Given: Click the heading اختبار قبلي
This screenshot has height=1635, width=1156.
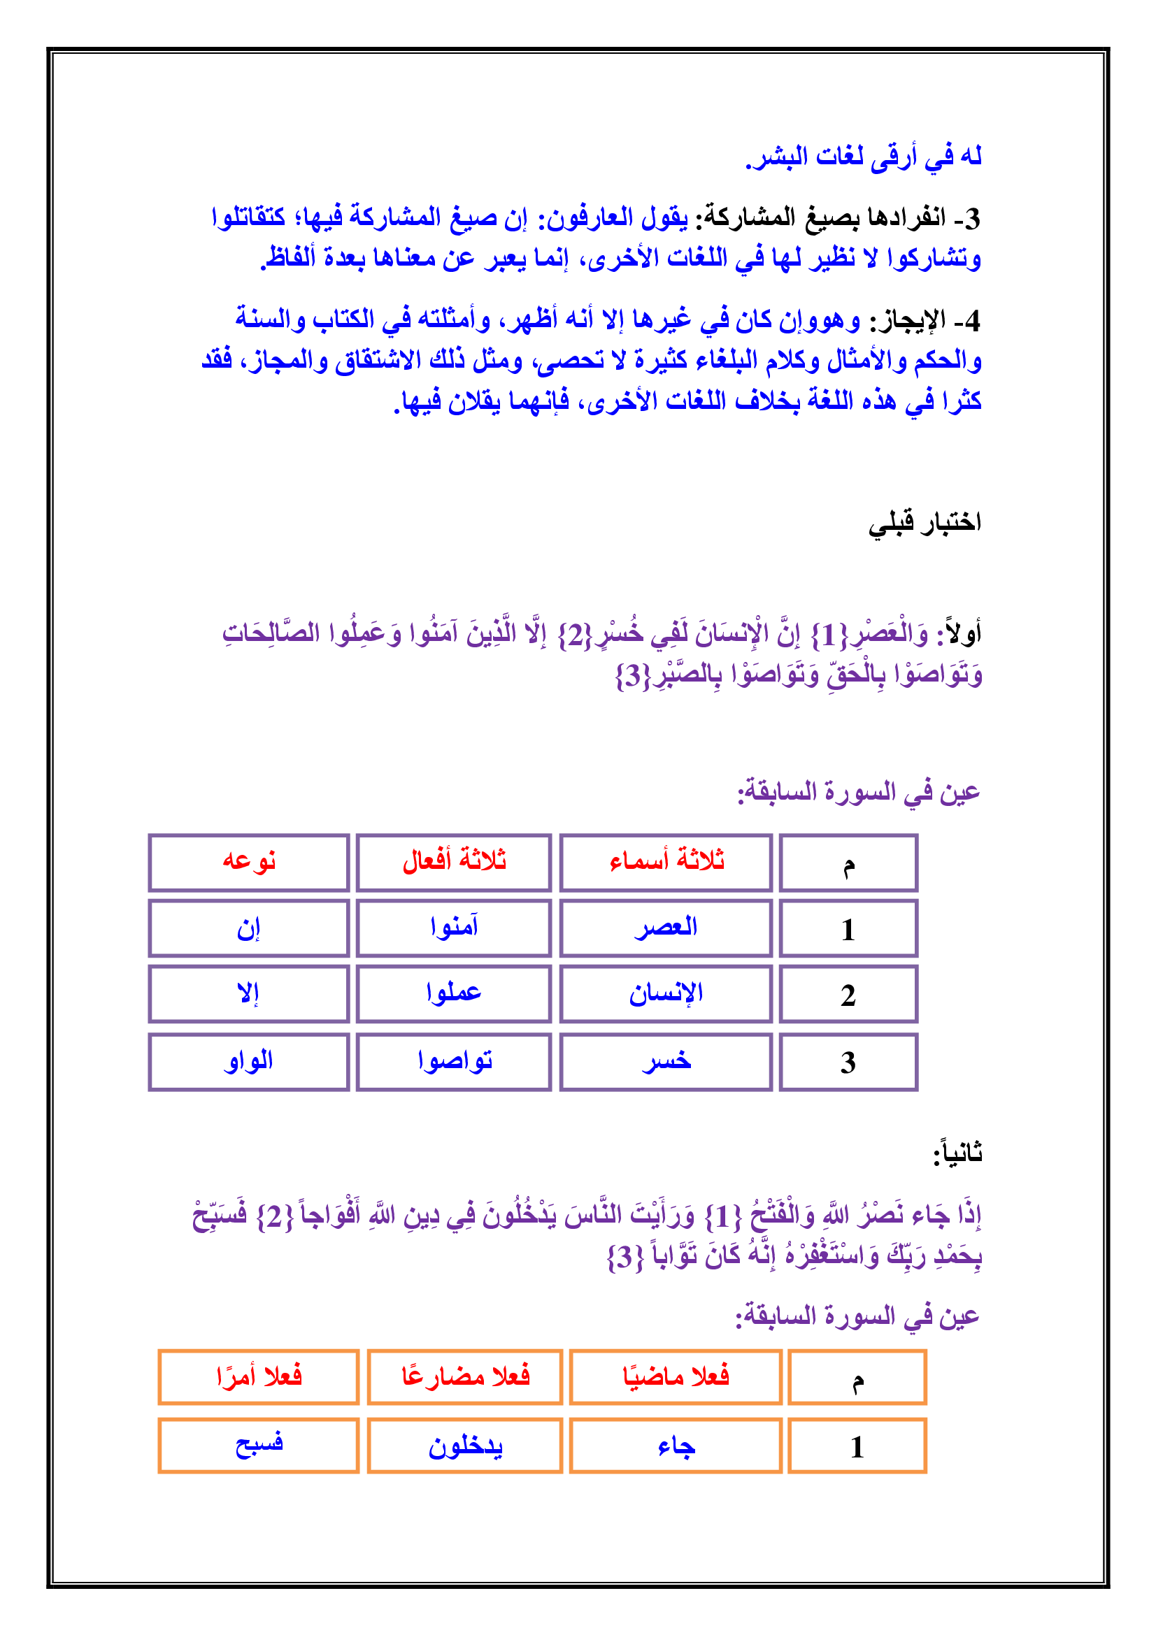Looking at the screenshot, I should [x=924, y=524].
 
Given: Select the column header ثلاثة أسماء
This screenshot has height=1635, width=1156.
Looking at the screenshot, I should [x=666, y=862].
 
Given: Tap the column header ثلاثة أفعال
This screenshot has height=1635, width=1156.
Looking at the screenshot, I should [x=454, y=862].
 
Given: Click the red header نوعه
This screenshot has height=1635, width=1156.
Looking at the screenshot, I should [x=248, y=862].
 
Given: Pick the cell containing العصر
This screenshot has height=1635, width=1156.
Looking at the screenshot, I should [x=666, y=927].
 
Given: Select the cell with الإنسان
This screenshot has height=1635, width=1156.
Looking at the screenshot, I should [x=666, y=993].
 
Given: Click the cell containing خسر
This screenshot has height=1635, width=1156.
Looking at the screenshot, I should [x=666, y=1062].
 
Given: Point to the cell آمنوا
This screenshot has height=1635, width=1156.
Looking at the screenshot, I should [x=454, y=927].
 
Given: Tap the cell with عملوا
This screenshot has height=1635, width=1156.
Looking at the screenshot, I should [x=454, y=993].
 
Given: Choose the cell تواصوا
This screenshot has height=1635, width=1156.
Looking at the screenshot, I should [x=454, y=1062].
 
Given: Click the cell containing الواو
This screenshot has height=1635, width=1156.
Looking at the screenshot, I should [x=248, y=1062].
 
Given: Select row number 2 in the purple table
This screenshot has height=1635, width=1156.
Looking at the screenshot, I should [x=848, y=994].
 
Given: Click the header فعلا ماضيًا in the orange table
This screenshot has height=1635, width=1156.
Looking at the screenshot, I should [x=676, y=1376].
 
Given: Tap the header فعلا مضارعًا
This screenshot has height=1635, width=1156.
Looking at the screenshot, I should [x=465, y=1376].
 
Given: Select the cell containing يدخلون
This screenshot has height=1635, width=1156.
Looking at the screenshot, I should [x=465, y=1445].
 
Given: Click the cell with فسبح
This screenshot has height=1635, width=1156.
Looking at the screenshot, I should [x=259, y=1445].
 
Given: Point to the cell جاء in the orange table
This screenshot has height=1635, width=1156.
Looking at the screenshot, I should [x=676, y=1445].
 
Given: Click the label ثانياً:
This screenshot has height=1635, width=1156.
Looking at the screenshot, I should [x=957, y=1153].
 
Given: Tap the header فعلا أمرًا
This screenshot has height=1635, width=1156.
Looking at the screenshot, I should [x=259, y=1376].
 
